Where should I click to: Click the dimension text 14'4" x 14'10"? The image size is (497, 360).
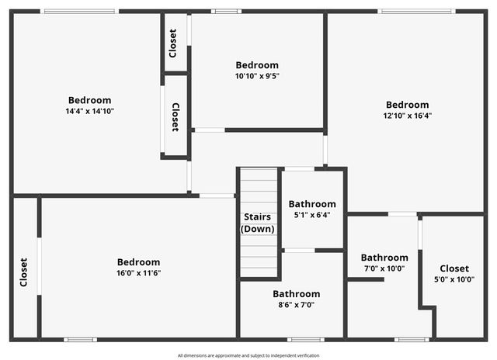coord(89,111)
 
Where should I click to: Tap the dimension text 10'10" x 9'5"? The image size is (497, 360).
coord(257,76)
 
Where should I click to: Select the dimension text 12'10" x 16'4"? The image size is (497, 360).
coord(407,116)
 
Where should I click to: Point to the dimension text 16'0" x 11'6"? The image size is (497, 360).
coord(138,272)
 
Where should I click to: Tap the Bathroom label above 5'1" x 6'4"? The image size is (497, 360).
coord(312,204)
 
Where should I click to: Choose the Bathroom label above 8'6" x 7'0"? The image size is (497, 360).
coord(296,294)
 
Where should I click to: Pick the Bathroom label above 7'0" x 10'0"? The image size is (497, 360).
coord(384,258)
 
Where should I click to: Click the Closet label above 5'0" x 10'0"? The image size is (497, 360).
coord(454,268)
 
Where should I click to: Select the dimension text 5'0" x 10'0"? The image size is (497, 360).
coord(454,279)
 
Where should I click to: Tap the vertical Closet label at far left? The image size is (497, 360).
coord(24,272)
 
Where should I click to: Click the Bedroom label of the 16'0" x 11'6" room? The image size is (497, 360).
coord(138,262)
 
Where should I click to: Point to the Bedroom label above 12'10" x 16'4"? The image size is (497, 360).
coord(407,105)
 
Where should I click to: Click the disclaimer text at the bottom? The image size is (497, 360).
coord(248,355)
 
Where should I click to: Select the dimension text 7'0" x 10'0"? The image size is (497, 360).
coord(384,268)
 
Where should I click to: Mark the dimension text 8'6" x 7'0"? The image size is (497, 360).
coord(296,305)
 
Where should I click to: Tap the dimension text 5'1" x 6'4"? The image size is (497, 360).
coord(312,215)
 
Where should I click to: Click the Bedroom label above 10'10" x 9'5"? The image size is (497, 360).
coord(257,65)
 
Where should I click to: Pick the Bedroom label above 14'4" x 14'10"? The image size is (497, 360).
coord(89,100)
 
